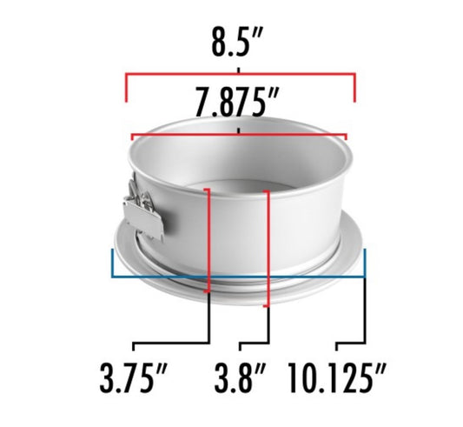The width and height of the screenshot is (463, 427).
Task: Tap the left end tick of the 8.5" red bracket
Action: [x=127, y=88]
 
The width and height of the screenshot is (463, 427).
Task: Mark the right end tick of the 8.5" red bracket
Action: [x=354, y=88]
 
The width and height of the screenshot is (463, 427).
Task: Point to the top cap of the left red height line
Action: [x=208, y=188]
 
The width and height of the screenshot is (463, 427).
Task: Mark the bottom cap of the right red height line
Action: [x=268, y=307]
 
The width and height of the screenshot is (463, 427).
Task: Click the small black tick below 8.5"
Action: [x=238, y=67]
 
